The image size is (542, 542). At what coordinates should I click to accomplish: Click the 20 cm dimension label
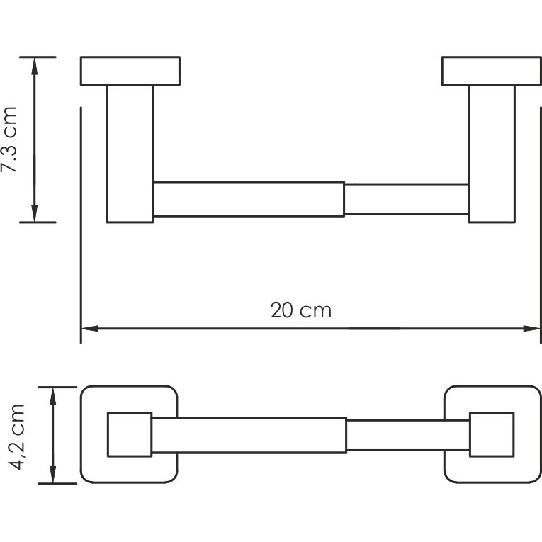[x=300, y=310]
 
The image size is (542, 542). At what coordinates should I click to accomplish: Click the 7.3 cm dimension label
[x=10, y=140]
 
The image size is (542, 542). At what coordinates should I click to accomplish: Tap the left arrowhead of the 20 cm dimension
[x=89, y=329]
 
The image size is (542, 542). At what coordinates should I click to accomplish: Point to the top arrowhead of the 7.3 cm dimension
[x=34, y=64]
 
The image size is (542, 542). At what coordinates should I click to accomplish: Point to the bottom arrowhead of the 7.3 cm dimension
[x=34, y=214]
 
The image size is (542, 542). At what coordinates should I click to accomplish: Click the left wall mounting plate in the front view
[x=130, y=71]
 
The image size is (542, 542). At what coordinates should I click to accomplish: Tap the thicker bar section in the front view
[x=248, y=198]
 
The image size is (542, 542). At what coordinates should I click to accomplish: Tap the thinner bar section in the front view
[x=405, y=198]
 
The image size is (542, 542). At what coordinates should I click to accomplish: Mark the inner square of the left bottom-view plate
[x=129, y=434]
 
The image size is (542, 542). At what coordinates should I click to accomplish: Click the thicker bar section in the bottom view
[x=248, y=434]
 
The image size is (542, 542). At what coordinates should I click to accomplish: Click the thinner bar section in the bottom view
[x=407, y=434]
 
